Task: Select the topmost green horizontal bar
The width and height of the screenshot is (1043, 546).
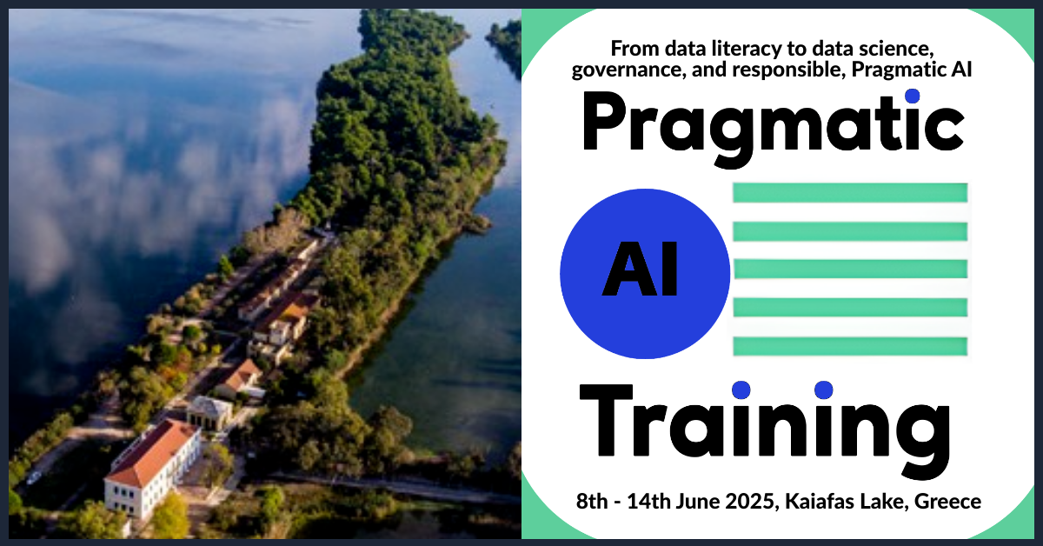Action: click(x=850, y=193)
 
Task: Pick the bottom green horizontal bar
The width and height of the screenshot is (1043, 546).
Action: click(x=850, y=346)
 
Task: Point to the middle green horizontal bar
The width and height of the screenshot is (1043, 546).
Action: click(x=850, y=270)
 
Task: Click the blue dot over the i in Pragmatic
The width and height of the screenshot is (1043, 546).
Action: click(x=912, y=96)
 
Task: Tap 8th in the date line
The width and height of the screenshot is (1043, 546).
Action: click(x=591, y=502)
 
